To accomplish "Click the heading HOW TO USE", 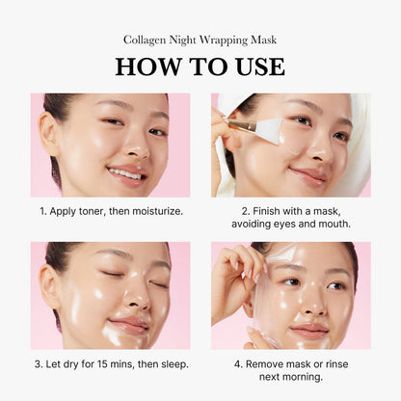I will click(200, 67).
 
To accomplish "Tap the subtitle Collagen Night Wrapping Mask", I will click(200, 40).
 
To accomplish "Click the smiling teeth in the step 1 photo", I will click(124, 174).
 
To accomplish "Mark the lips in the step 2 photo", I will click(307, 174).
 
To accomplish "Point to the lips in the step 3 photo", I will click(127, 324).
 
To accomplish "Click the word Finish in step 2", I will click(264, 209).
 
